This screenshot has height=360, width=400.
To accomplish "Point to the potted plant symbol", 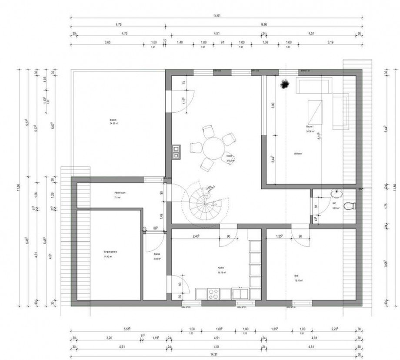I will pos(285,84).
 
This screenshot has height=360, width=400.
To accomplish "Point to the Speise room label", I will pos(157,257).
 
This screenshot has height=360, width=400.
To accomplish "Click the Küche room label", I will pos(221,269).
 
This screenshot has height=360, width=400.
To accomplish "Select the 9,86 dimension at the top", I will pos(264,25).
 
